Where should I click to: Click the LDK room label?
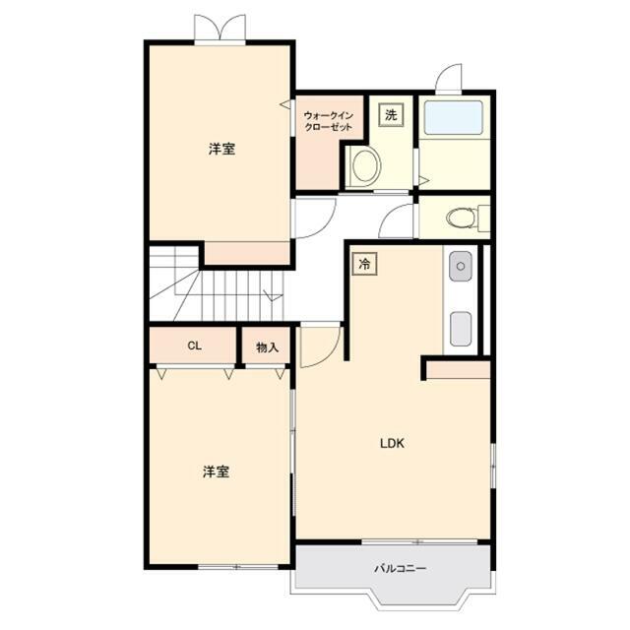point(392,444)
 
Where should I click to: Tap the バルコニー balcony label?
point(401,569)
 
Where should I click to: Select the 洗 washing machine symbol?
point(391,115)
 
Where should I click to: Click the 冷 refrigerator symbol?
point(365,264)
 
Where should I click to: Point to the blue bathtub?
point(454,117)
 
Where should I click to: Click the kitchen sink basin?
point(461,266)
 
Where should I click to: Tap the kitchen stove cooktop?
point(461,329)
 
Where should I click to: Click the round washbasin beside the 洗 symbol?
point(365,166)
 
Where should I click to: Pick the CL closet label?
point(195,346)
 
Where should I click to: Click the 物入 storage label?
point(267,347)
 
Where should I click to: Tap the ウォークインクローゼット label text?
point(329,121)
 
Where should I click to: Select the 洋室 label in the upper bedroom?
point(221,149)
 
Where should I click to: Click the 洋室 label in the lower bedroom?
point(217,472)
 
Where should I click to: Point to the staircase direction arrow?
point(273,294)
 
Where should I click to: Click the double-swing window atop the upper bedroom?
point(220,28)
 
